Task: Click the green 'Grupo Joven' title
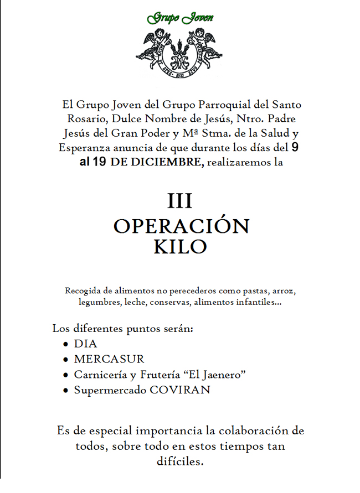tap(180, 18)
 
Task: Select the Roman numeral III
tap(180, 201)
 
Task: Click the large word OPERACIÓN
tap(181, 226)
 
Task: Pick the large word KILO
tap(180, 247)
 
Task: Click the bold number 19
tap(100, 162)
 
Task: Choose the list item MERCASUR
tap(109, 359)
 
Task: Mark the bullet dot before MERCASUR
tap(66, 360)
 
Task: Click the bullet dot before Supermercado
tap(66, 390)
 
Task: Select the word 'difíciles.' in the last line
tap(181, 462)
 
